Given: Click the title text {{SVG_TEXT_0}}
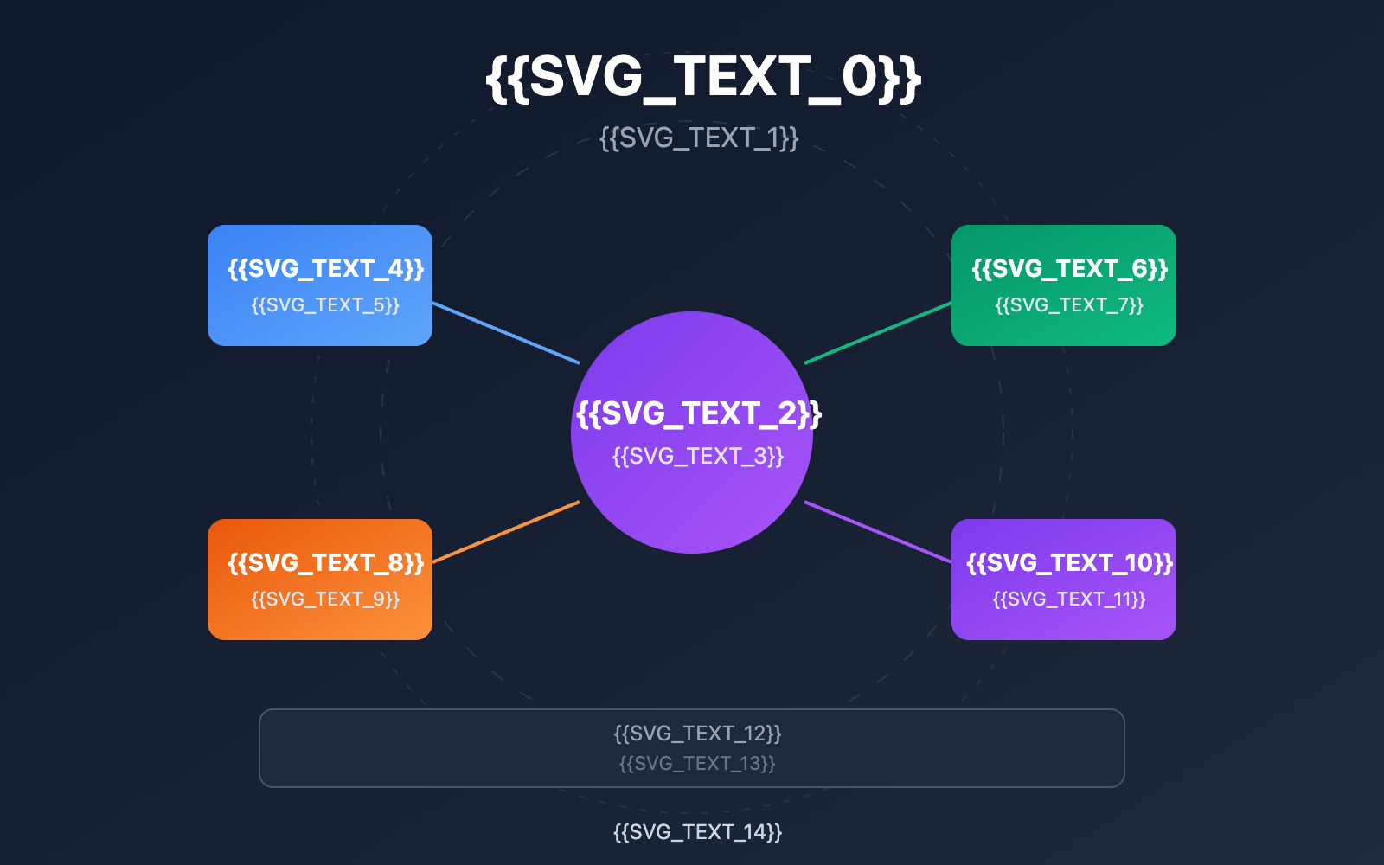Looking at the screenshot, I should [x=703, y=78].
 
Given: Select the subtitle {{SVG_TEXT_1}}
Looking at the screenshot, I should [x=699, y=138].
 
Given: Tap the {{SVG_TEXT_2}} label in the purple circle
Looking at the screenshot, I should [x=699, y=413].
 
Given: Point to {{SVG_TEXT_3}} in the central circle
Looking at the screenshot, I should [x=698, y=456].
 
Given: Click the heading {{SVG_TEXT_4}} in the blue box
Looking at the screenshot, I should [x=326, y=269].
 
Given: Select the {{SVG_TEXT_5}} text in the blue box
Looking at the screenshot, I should [x=325, y=305].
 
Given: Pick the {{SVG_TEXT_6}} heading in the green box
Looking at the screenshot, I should [x=1070, y=269].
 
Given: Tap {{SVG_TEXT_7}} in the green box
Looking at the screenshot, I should [x=1069, y=305].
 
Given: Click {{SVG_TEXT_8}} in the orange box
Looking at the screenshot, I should [x=326, y=563].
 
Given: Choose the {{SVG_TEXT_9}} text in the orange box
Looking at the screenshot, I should [x=325, y=599].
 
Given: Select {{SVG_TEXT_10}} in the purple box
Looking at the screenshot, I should [x=1070, y=563].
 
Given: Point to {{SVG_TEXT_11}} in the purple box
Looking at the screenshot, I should [x=1069, y=599].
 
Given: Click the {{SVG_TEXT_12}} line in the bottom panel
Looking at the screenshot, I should [x=698, y=734].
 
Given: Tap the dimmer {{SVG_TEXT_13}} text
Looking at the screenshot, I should [x=697, y=763].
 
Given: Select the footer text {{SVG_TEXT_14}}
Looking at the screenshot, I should [x=698, y=832].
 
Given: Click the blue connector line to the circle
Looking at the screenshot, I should [x=506, y=333].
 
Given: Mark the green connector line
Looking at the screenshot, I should [x=878, y=333].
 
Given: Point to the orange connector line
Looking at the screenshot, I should [x=506, y=532].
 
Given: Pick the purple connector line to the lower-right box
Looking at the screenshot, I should [x=878, y=532].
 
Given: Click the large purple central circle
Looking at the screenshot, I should [x=692, y=510].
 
